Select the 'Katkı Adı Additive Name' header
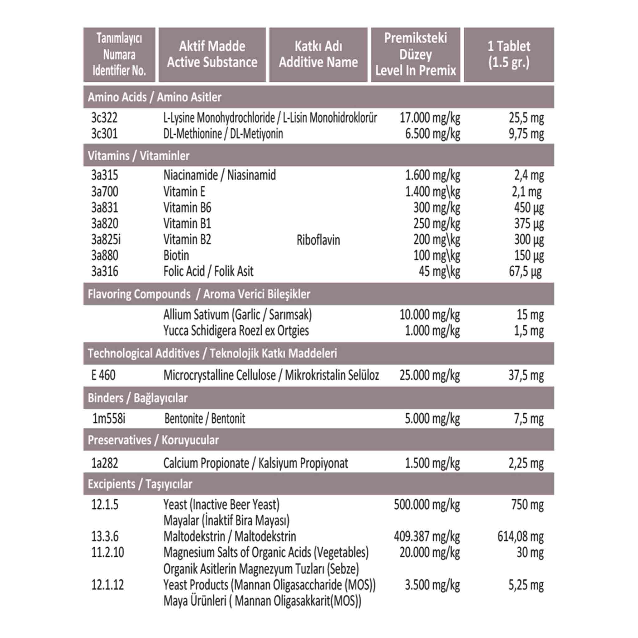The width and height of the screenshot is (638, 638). [x=318, y=55]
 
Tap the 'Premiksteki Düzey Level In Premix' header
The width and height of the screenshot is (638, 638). [x=416, y=55]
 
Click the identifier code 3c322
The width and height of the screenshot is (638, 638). [x=104, y=118]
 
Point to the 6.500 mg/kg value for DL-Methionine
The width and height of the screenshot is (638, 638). [x=432, y=134]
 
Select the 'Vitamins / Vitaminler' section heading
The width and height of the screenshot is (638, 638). [x=139, y=155]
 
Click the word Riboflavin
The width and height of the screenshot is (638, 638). [x=318, y=240]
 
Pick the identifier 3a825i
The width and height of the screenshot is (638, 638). [x=106, y=240]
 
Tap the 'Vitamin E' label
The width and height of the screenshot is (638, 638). [x=184, y=192]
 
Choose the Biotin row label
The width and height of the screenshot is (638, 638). [x=176, y=255]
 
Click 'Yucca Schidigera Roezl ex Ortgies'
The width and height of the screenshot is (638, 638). [x=236, y=331]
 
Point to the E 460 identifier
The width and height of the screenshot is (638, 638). [x=103, y=375]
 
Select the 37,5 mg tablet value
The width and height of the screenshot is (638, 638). [x=526, y=375]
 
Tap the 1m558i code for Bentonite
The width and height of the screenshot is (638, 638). [x=109, y=418]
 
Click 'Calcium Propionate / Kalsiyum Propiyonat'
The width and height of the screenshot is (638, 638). [x=255, y=463]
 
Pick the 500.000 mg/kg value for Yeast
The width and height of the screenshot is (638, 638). [x=427, y=505]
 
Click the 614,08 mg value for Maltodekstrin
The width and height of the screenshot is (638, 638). [x=520, y=537]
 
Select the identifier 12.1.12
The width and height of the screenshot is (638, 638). [x=107, y=585]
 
